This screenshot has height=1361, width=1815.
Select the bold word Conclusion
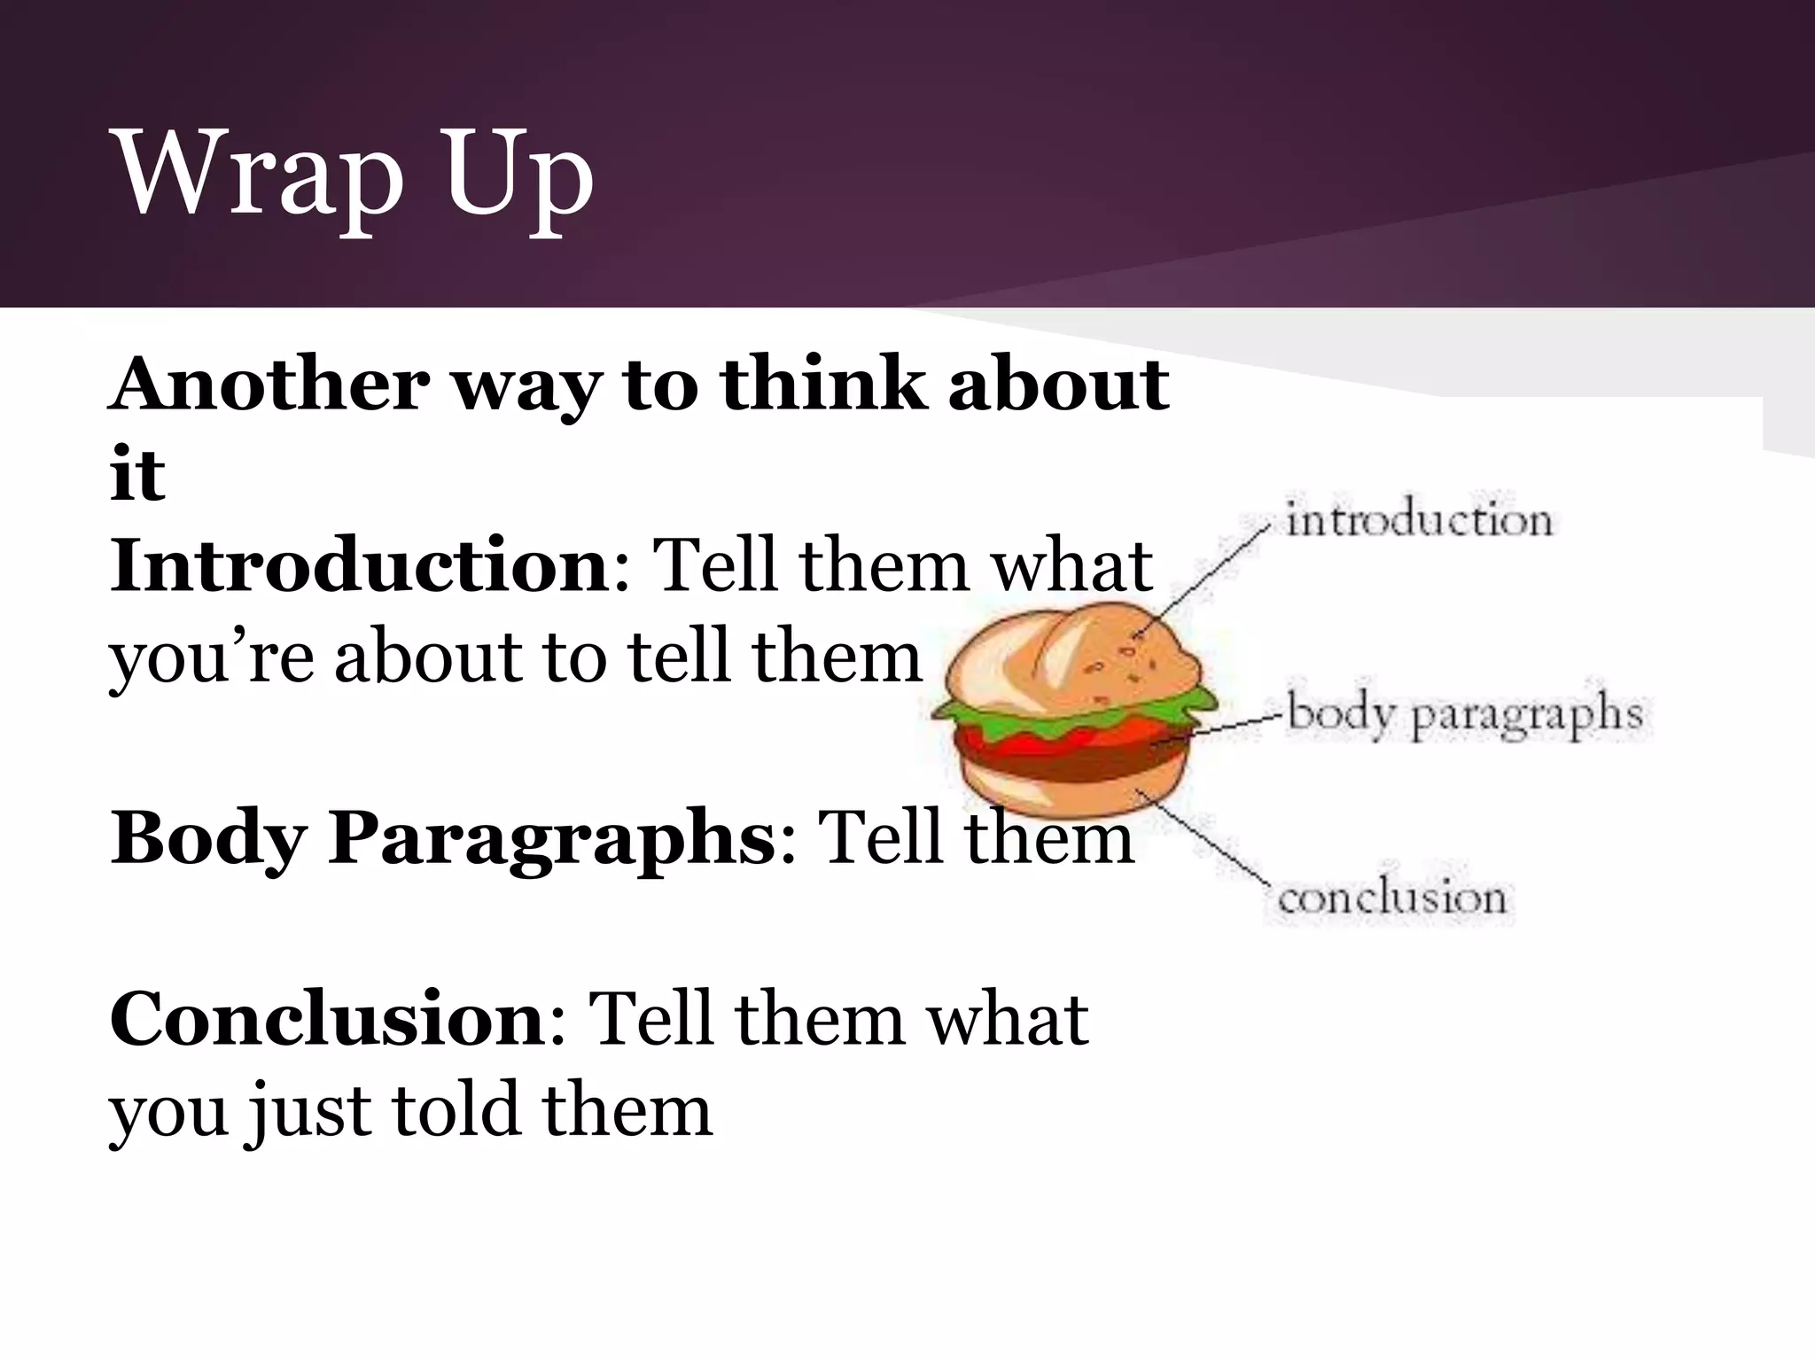point(328,1019)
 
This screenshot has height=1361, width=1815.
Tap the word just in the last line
point(308,1112)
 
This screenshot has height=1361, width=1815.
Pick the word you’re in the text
point(211,658)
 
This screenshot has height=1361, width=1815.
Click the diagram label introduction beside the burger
point(1419,520)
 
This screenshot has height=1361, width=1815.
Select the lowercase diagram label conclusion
point(1391,898)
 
